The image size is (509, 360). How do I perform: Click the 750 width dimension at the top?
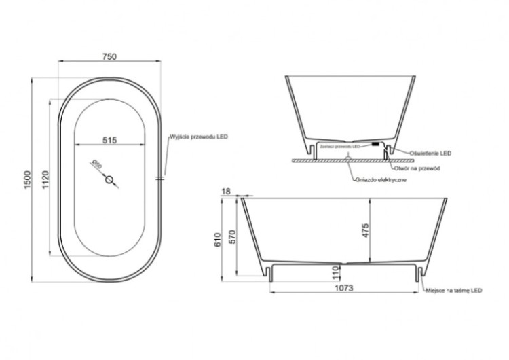click(109, 57)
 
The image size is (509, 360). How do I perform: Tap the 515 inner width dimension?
click(109, 140)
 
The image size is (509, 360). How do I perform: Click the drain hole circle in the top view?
click(110, 180)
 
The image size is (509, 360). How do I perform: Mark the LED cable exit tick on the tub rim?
click(160, 178)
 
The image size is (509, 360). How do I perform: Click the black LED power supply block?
click(374, 144)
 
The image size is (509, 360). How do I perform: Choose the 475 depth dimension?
click(364, 231)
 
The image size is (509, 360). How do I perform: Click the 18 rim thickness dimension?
click(227, 192)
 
